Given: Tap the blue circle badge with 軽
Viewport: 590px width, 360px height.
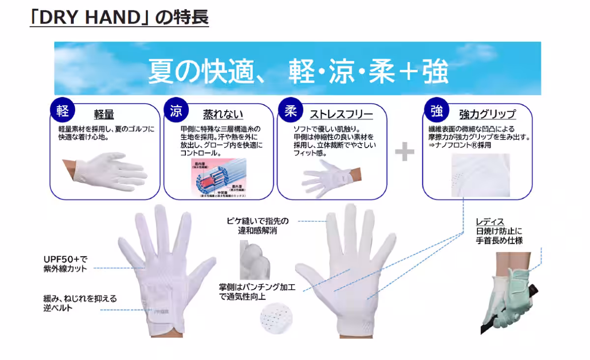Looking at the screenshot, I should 62,110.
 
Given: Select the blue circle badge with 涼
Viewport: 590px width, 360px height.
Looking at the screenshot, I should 176,110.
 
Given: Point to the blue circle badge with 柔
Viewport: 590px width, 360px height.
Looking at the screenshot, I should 289,110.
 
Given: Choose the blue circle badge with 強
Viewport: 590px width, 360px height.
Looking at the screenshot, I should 435,110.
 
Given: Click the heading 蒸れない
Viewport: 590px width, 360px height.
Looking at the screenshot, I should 223,115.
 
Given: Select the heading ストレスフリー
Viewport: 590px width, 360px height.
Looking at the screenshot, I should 341,115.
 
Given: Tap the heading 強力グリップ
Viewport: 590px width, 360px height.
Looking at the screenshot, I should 487,115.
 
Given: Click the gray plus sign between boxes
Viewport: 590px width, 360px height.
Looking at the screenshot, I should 405,151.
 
